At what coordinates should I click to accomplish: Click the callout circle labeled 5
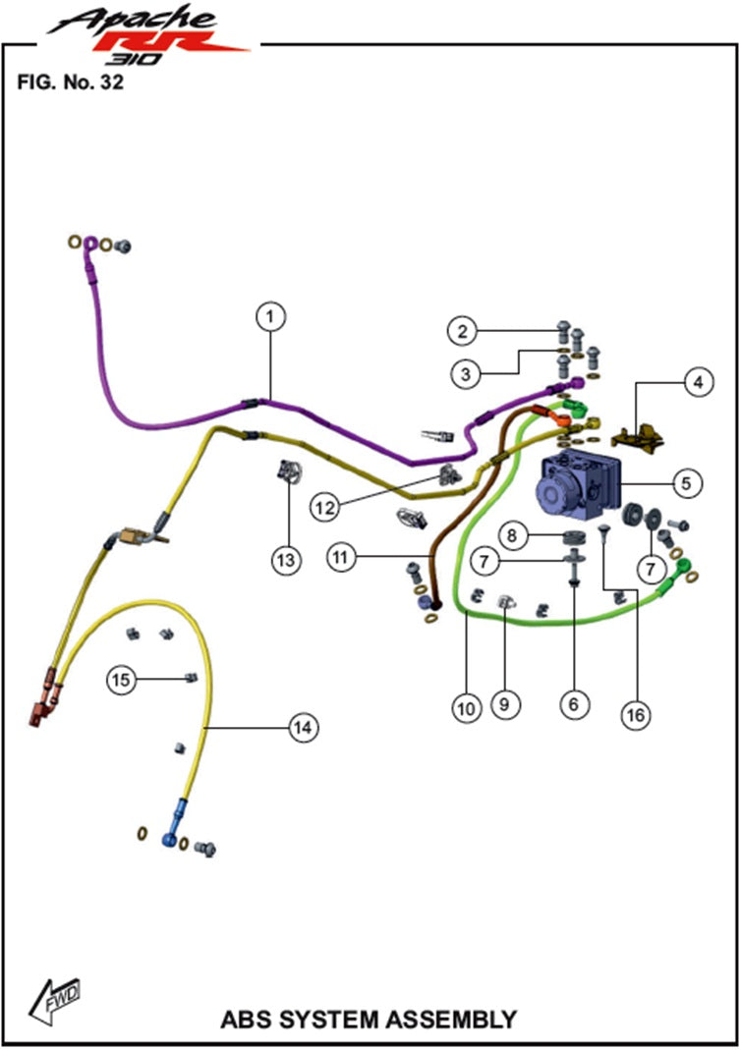(x=686, y=482)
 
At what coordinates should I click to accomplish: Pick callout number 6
(x=574, y=703)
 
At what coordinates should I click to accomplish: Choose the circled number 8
(x=511, y=535)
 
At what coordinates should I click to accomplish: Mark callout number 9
(x=507, y=703)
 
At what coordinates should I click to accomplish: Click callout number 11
(x=340, y=557)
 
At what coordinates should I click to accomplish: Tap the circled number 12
(x=326, y=507)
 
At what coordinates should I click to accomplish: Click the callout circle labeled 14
(x=302, y=727)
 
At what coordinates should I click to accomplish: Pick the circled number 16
(x=636, y=715)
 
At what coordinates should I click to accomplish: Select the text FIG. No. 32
(x=70, y=82)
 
